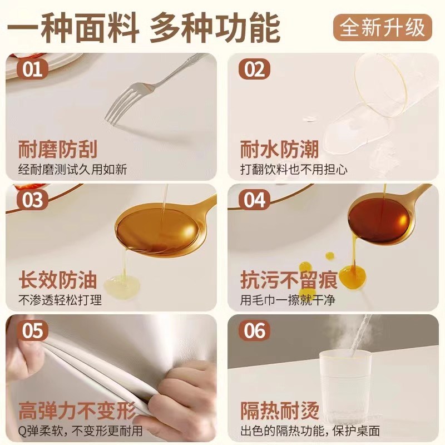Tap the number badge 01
(x=32, y=70)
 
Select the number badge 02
(x=254, y=70)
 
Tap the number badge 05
(x=32, y=332)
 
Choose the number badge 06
(x=254, y=332)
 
